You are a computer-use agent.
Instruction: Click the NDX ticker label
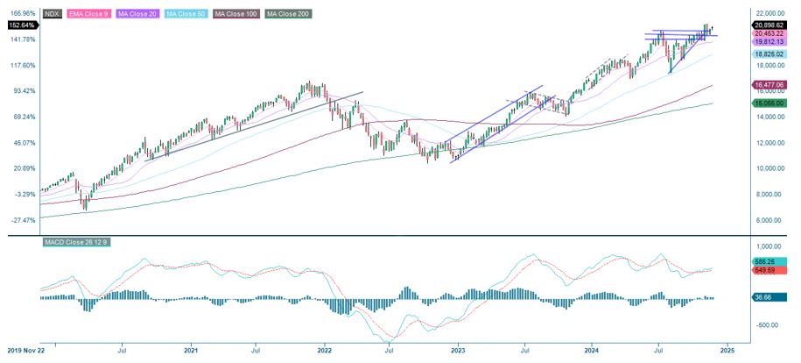(x=55, y=14)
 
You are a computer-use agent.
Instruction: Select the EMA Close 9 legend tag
(x=98, y=14)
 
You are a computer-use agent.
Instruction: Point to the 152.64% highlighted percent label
(x=19, y=25)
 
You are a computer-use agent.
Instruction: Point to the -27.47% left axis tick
(x=22, y=220)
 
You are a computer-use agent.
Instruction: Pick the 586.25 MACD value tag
(x=767, y=261)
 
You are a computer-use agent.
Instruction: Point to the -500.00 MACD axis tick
(x=769, y=324)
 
